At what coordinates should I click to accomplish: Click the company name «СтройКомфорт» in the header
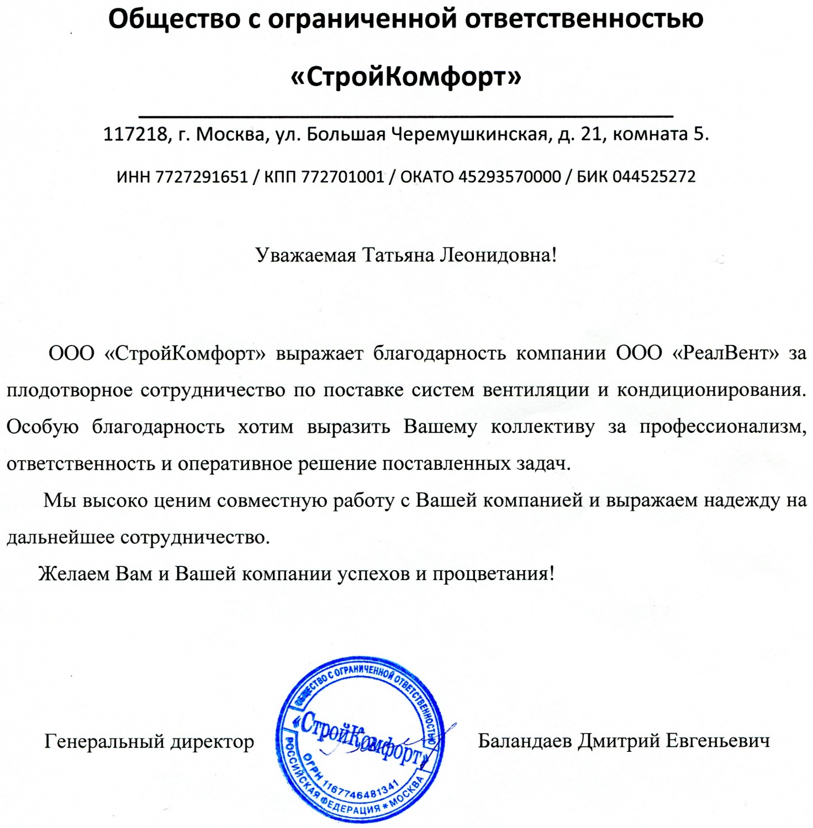click(406, 76)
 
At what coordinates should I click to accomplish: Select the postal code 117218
click(135, 134)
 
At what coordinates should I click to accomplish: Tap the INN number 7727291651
click(202, 177)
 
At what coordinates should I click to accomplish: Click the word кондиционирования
click(711, 390)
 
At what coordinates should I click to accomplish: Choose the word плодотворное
click(69, 390)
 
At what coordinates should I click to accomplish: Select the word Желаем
click(74, 574)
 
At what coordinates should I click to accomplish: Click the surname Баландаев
click(525, 740)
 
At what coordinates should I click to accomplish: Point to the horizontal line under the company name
click(406, 116)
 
